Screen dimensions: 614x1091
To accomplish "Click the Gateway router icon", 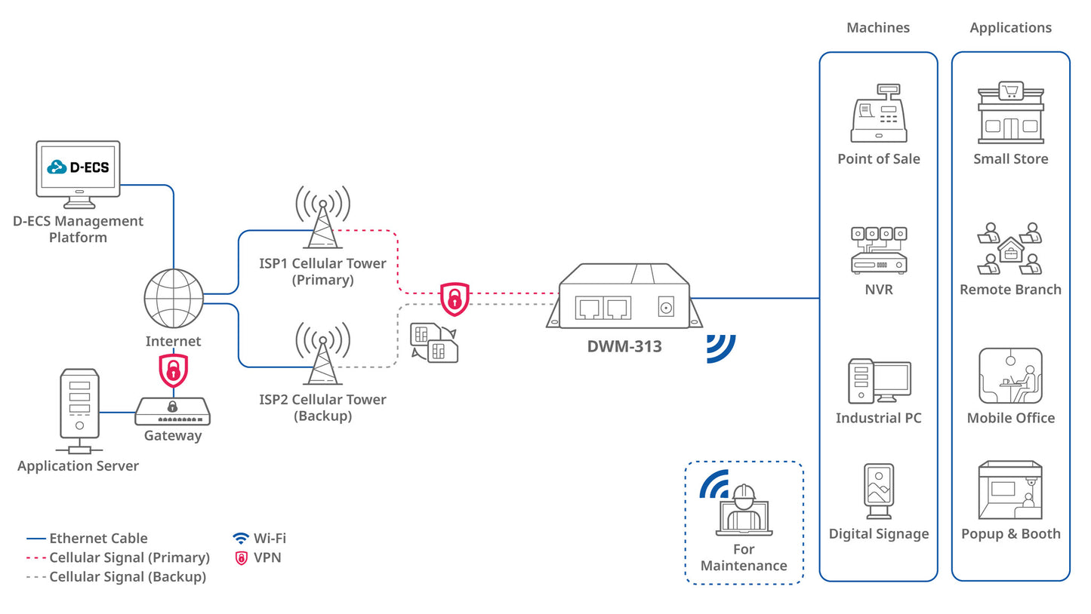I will (x=173, y=411).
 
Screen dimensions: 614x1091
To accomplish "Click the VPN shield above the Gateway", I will (x=173, y=370).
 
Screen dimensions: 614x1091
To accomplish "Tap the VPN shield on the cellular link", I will (x=455, y=299).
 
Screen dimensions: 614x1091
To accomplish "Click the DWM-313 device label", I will (x=624, y=347).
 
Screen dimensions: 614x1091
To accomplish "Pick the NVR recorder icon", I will (x=878, y=250).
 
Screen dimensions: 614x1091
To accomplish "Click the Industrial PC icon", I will (x=879, y=381).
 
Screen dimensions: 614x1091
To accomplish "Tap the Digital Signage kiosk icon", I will (x=879, y=490).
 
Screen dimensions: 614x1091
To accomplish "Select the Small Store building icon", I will (x=1010, y=113).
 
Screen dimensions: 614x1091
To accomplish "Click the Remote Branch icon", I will (x=1010, y=249).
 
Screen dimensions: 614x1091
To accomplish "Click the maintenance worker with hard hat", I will (x=744, y=509).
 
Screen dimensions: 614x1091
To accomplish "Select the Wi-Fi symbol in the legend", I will (x=241, y=538).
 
